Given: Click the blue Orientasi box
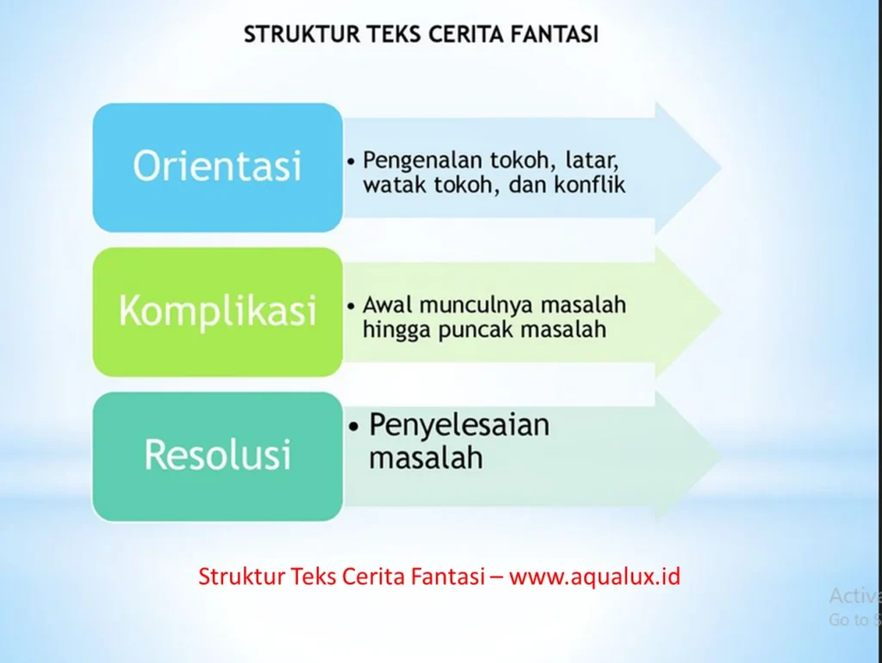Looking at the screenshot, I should (x=217, y=167).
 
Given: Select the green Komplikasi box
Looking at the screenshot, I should (x=217, y=311).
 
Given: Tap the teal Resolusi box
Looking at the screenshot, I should (x=217, y=456).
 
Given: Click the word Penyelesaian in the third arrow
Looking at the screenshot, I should (x=459, y=425).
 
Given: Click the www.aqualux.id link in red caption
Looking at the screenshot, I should (x=594, y=576).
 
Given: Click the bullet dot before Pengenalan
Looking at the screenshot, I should (x=351, y=162).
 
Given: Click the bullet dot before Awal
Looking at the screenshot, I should (x=351, y=306).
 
